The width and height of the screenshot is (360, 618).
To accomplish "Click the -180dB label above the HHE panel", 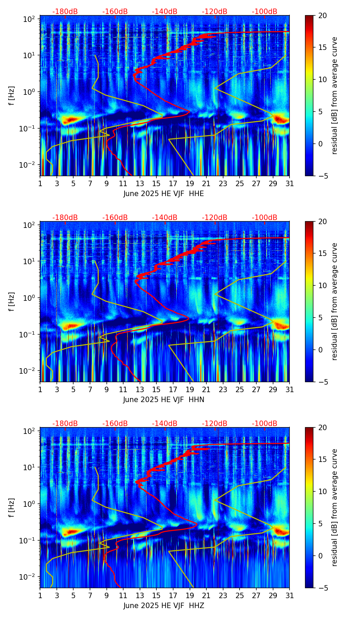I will (65, 12).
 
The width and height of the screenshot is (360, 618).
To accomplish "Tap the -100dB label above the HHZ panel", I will (265, 424).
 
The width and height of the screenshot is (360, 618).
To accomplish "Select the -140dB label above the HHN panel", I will (165, 218).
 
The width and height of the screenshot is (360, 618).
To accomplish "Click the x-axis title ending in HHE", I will (164, 194).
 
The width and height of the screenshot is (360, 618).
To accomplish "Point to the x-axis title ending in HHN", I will (164, 400).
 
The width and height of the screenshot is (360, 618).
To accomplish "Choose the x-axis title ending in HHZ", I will (164, 606).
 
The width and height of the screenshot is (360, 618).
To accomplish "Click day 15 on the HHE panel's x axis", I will (156, 183).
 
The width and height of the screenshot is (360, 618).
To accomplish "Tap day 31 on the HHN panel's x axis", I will (290, 389).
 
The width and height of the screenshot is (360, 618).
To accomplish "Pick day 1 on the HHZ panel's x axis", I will (40, 595).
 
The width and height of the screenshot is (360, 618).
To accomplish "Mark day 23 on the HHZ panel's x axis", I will (223, 595).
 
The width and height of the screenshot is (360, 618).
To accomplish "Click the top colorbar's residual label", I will (334, 95).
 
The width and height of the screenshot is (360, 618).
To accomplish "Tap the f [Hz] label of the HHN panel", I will (12, 301).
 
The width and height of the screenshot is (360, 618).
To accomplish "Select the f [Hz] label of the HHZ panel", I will (12, 507).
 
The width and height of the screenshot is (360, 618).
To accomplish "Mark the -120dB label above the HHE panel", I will (215, 12).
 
